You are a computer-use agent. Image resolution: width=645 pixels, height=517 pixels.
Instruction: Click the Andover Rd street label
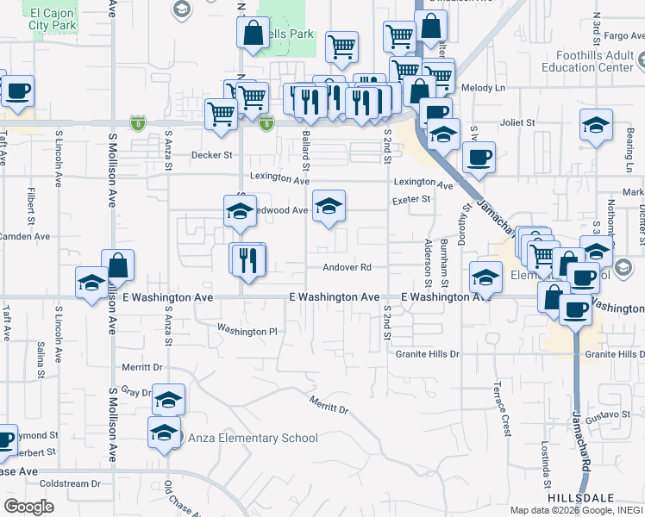pos(347,267)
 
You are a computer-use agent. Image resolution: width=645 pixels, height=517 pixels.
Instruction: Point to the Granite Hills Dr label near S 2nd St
pos(428,354)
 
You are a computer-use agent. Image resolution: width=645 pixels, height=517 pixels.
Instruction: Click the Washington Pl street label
pos(247,330)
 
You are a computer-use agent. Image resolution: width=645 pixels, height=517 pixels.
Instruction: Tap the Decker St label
pos(212,156)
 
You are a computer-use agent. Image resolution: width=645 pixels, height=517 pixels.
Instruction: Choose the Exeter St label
pos(412,199)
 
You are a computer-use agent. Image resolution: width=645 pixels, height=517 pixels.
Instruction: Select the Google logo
pos(29,507)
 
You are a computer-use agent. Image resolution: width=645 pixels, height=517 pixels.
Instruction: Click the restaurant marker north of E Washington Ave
pos(248,259)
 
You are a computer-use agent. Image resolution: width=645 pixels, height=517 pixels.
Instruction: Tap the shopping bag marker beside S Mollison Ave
pos(117,266)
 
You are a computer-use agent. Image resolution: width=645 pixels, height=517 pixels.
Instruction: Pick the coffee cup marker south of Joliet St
pos(479,158)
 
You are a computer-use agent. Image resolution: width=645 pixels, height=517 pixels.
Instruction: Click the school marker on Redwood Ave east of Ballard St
pos(329,206)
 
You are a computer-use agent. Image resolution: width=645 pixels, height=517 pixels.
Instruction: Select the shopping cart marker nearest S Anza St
pos(222,113)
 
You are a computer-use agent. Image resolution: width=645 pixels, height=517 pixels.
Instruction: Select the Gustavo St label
pos(615,415)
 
